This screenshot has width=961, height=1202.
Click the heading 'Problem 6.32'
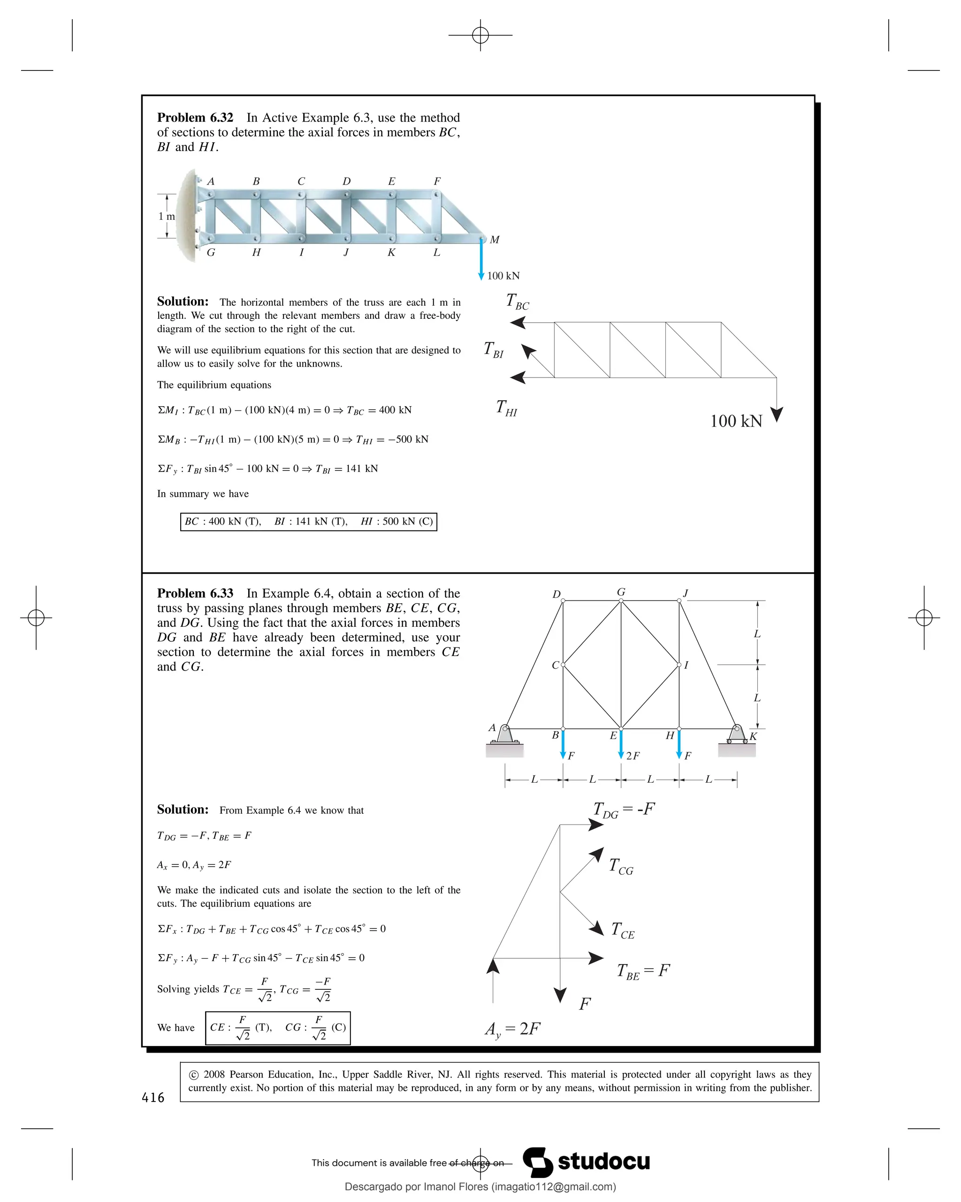pos(195,118)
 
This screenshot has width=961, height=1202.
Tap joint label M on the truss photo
pos(494,240)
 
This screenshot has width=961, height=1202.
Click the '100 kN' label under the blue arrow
pos(503,276)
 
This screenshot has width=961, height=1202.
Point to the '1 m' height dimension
pos(166,216)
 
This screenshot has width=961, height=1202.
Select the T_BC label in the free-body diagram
pos(517,301)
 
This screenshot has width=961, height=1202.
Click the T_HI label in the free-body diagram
pos(506,408)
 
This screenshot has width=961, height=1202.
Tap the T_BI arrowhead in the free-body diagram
pos(527,351)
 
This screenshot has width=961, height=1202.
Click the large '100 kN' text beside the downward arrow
pos(736,421)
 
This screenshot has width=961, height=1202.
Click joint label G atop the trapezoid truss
pos(621,592)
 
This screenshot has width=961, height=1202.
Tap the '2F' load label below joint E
pos(633,756)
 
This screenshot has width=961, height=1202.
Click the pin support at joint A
pos(505,735)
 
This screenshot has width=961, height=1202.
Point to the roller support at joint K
pos(737,735)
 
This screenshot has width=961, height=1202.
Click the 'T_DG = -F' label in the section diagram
pos(624,809)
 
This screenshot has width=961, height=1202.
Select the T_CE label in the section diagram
pos(622,930)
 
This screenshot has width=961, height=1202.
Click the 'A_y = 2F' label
pos(512,1029)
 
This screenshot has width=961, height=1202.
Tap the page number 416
pos(153,1098)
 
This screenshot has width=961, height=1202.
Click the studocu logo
pos(586,1162)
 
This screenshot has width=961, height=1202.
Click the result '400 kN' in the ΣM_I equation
pos(395,410)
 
